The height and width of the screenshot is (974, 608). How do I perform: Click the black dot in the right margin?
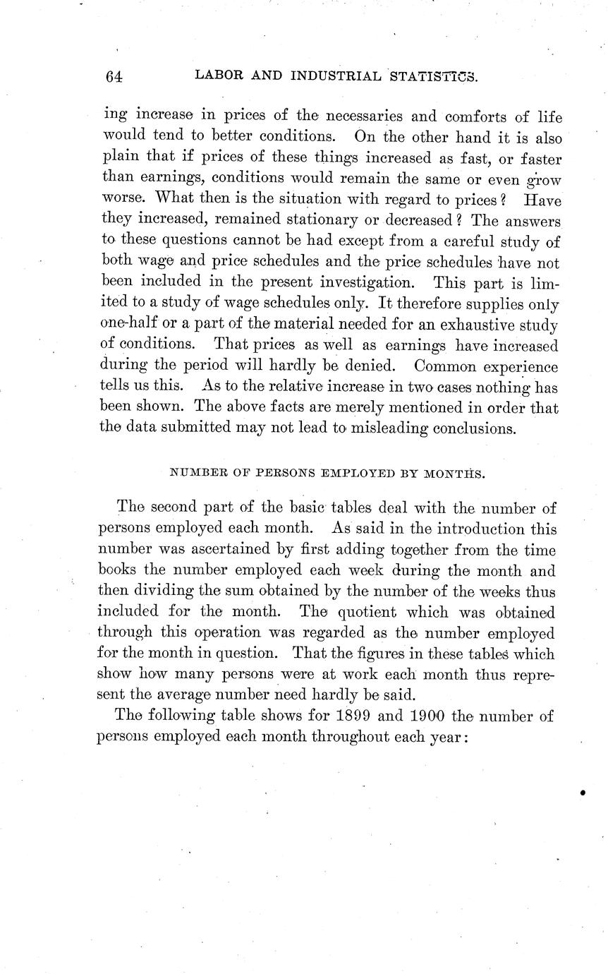(583, 792)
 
